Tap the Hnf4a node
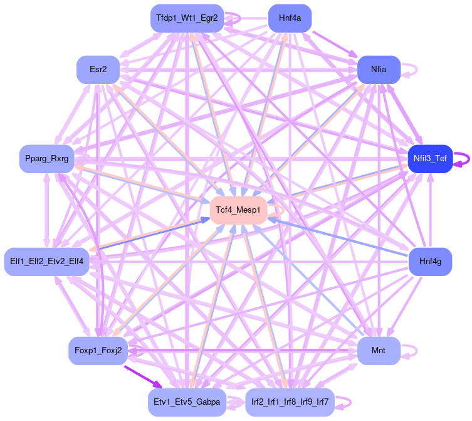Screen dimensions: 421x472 [x=290, y=18]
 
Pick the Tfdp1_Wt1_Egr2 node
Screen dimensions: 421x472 [x=187, y=18]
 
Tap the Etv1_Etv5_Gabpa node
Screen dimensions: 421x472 [x=187, y=402]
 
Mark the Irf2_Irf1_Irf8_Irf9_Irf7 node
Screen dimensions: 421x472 [x=290, y=402]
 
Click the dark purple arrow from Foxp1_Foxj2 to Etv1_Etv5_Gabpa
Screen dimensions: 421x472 [x=142, y=375]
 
